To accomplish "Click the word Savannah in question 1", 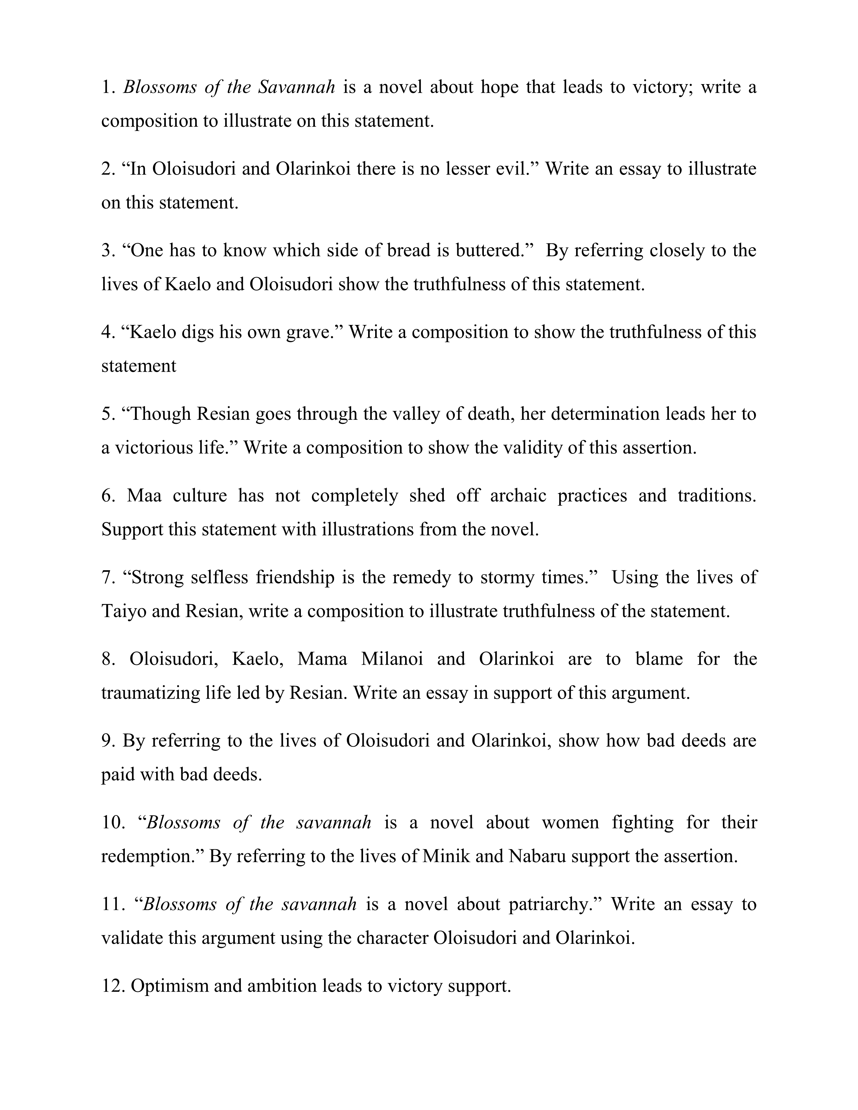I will (x=296, y=87).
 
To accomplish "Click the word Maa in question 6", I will (x=144, y=495).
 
